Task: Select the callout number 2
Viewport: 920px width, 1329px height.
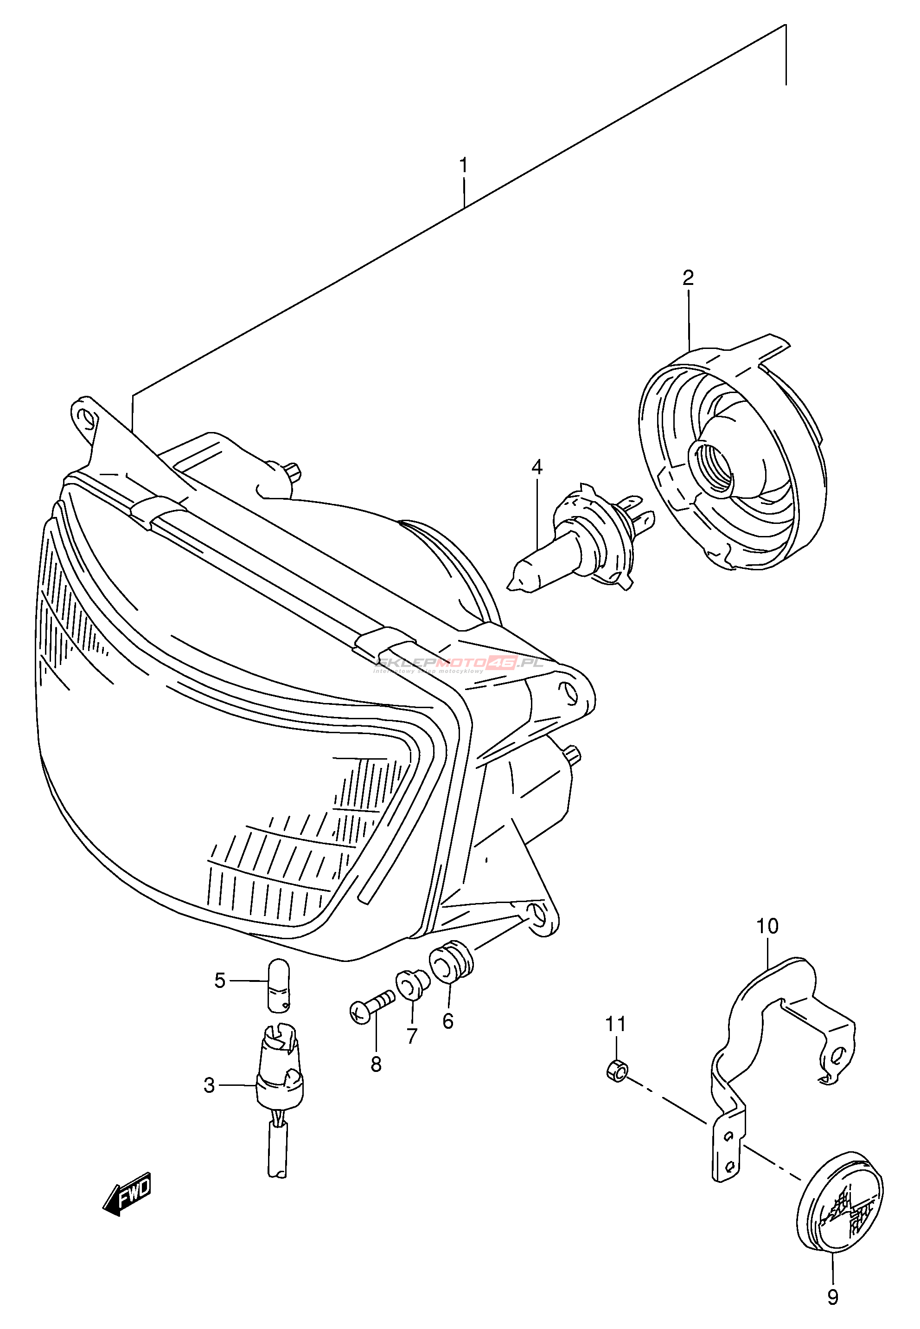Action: coord(688,278)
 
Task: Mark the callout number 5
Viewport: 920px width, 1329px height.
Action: coord(220,980)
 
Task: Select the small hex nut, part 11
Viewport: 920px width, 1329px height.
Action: coord(617,1071)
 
